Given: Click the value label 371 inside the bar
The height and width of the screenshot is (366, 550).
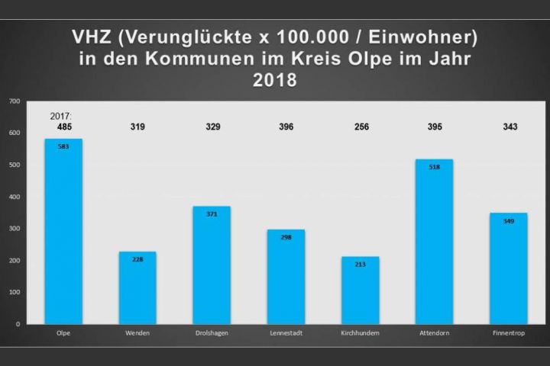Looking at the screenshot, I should coord(212,215).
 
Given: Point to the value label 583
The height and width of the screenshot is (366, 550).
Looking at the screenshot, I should coord(63,147).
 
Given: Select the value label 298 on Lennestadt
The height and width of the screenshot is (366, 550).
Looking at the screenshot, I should coord(286,238).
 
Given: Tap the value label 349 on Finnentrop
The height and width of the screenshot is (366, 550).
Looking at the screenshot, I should coord(508,221).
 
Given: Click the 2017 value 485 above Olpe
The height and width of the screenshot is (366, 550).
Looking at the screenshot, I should coord(63,127).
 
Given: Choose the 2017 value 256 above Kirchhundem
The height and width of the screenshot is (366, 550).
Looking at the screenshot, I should coord(360,127).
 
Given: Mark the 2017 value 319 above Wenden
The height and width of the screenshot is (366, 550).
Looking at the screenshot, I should coord(137,127).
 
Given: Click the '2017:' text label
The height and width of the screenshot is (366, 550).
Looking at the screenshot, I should coord(61,115).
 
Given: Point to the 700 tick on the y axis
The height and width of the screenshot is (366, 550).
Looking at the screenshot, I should coord(15,101).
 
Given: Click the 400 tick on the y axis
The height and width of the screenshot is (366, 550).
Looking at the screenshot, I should coord(15,197).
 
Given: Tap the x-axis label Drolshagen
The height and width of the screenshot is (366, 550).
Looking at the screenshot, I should coord(212,334).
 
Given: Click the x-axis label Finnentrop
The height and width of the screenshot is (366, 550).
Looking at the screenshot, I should coord(508,334).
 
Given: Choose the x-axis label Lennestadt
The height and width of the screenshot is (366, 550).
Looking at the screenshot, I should coord(286,334).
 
